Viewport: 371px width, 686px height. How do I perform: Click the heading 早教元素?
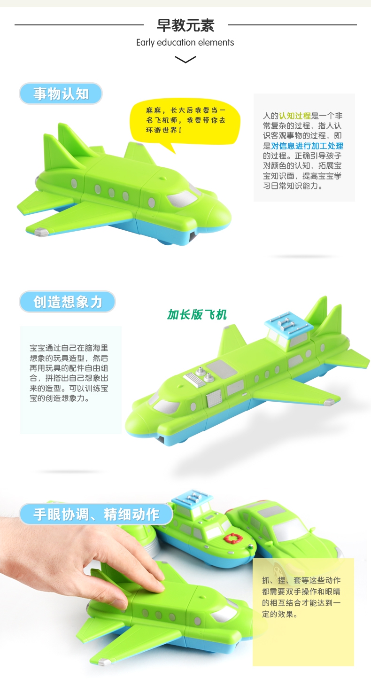(185, 25)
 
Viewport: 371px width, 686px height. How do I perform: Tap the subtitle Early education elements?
(185, 42)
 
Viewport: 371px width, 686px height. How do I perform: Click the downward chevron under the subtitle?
(185, 59)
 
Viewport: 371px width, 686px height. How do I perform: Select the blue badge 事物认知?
(61, 94)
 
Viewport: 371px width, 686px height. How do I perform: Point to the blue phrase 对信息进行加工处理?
(307, 146)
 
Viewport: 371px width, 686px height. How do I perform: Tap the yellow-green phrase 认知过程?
(294, 116)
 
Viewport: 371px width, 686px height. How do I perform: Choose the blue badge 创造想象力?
(67, 302)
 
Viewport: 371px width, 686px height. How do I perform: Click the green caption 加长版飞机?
(197, 314)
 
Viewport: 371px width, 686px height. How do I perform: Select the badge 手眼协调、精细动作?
(96, 514)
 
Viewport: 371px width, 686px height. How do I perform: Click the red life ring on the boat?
(233, 538)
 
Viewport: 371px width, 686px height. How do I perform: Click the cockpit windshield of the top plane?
(183, 198)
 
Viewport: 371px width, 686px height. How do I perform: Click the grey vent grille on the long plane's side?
(214, 398)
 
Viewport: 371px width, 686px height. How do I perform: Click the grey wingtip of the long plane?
(329, 402)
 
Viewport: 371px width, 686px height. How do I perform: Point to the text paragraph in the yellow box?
(301, 597)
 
